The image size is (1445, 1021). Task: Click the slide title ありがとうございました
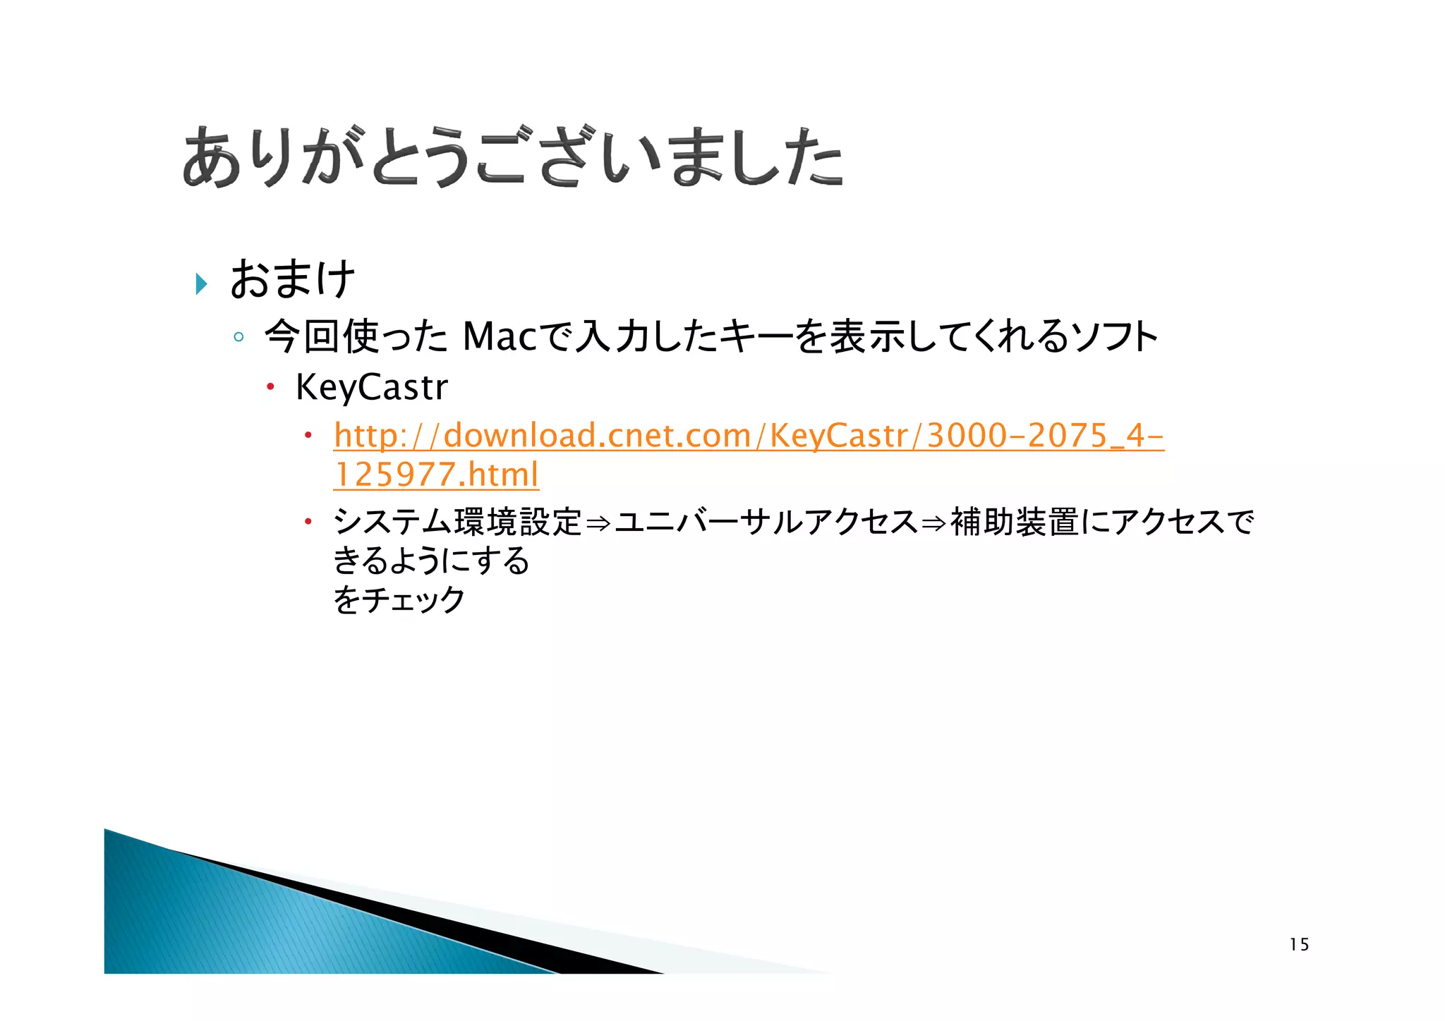pyautogui.click(x=512, y=157)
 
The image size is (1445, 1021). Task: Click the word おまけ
pyautogui.click(x=292, y=279)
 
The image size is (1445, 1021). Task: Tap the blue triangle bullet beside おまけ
pyautogui.click(x=202, y=283)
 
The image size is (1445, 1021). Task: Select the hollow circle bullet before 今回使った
pyautogui.click(x=238, y=337)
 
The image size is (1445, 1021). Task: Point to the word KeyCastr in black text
pyautogui.click(x=372, y=387)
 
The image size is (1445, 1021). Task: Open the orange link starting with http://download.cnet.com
pyautogui.click(x=748, y=435)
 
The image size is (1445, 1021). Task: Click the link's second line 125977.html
pyautogui.click(x=436, y=475)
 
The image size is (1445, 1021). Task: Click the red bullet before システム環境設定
pyautogui.click(x=308, y=522)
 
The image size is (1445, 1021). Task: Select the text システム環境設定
pyautogui.click(x=458, y=522)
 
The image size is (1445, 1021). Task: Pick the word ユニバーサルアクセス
pyautogui.click(x=766, y=522)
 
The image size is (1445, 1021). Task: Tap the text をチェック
pyautogui.click(x=399, y=599)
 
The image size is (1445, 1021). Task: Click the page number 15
pyautogui.click(x=1299, y=945)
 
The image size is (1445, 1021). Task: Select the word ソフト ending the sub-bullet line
pyautogui.click(x=1114, y=336)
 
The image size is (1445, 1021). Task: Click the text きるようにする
pyautogui.click(x=431, y=561)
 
